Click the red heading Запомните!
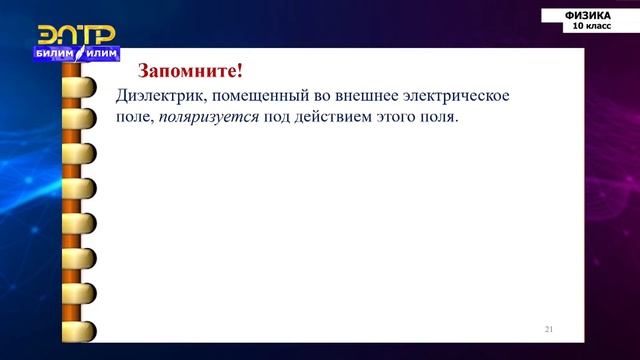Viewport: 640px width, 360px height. (x=190, y=72)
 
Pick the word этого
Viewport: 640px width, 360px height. (x=398, y=118)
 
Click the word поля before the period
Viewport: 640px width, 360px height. (x=440, y=118)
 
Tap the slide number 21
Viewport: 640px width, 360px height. (x=549, y=328)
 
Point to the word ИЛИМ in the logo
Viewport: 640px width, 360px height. (x=100, y=52)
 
